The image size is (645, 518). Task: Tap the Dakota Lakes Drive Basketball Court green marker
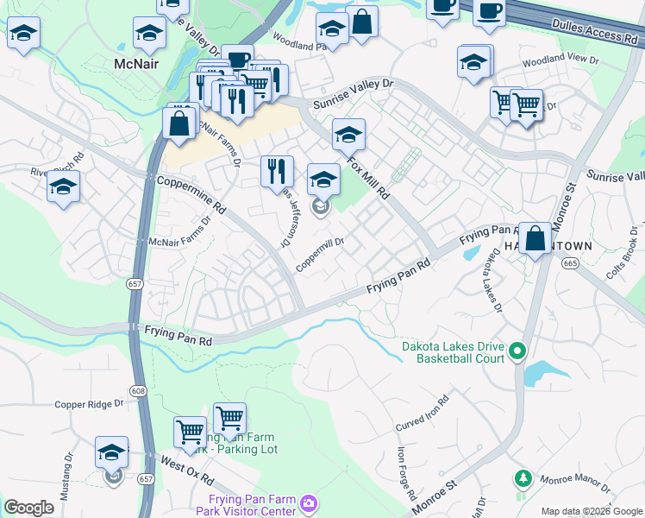click(517, 351)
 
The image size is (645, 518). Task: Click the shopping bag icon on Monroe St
click(535, 238)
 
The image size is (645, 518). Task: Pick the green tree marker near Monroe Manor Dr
click(522, 478)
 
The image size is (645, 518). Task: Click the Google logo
click(28, 508)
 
